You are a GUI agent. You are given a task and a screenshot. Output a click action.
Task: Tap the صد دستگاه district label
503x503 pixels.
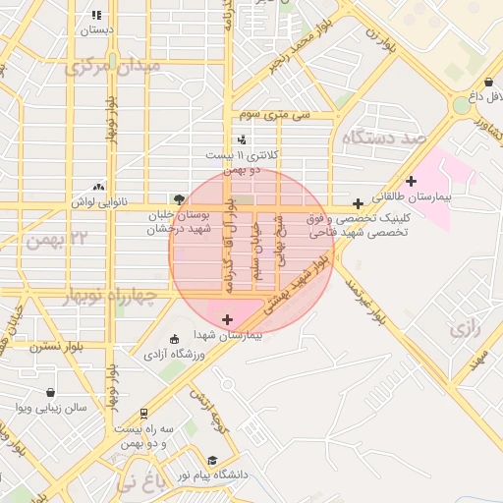tap(382, 139)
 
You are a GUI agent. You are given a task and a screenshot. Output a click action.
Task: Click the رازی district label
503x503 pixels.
tap(467, 330)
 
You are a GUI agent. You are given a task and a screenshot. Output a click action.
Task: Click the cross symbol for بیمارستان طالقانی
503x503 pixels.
tap(411, 180)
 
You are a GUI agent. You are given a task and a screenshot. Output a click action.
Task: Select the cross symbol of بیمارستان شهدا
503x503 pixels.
tap(228, 319)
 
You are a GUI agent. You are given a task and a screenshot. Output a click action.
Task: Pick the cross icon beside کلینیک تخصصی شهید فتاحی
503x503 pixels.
tap(358, 203)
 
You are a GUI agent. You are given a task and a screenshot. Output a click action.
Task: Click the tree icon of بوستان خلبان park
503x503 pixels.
tap(178, 198)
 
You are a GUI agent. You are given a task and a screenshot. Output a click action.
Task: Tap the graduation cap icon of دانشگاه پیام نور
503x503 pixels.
tap(212, 461)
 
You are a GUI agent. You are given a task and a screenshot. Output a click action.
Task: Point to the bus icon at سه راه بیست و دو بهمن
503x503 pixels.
tap(144, 414)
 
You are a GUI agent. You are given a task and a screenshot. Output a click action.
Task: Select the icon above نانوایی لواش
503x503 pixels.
tap(98, 186)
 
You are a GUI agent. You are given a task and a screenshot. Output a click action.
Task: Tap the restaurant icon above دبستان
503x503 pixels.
tap(95, 16)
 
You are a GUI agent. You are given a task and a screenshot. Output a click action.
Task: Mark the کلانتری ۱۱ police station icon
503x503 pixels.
tap(241, 140)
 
